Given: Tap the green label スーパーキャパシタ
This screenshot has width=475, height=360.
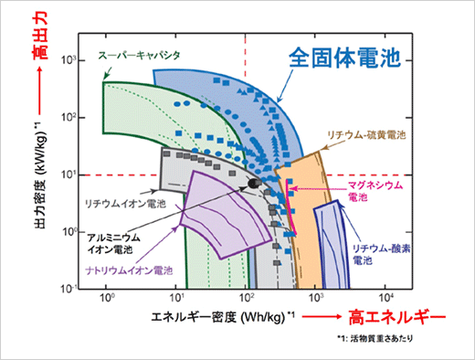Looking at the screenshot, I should click(x=140, y=55).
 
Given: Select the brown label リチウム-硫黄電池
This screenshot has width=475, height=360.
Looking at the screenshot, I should click(x=366, y=133).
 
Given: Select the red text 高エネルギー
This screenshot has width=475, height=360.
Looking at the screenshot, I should click(x=398, y=318).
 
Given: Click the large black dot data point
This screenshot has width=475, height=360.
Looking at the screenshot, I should click(x=253, y=184).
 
